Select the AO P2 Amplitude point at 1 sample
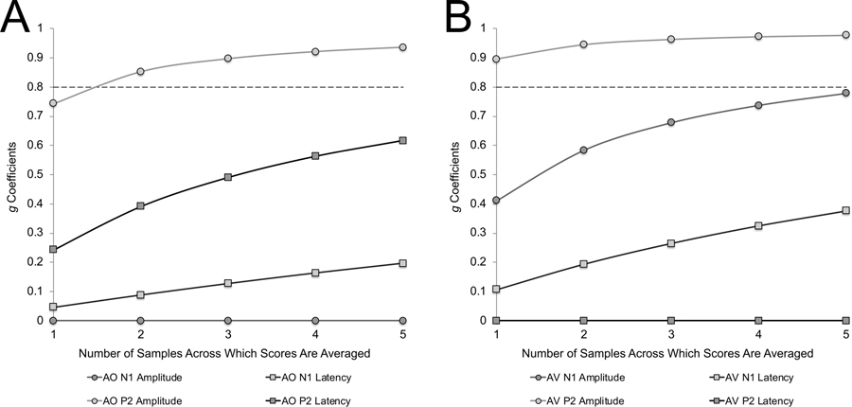click(54, 103)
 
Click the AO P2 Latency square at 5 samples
click(402, 140)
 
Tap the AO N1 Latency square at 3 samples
click(228, 283)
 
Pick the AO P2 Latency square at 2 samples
click(141, 205)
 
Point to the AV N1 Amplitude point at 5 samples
click(845, 93)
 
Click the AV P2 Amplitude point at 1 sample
click(497, 59)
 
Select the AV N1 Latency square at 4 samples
click(758, 225)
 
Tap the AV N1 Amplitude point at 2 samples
click(584, 150)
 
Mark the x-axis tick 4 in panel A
click(315, 334)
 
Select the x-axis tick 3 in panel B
click(671, 334)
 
